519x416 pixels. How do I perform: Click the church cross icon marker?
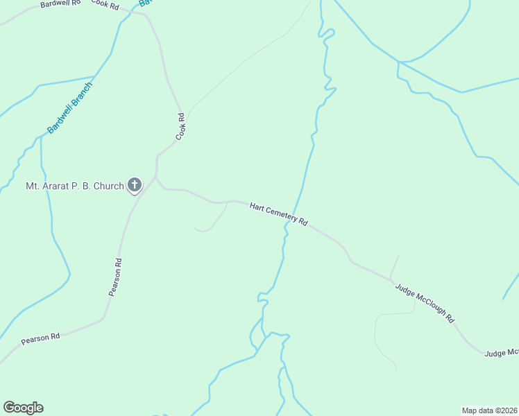click(x=135, y=185)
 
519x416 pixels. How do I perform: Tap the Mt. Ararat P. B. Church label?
click(x=74, y=186)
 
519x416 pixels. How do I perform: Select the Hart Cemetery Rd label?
click(x=278, y=214)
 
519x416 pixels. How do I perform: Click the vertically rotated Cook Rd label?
click(x=181, y=126)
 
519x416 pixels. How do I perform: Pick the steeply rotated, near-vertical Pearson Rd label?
click(x=115, y=277)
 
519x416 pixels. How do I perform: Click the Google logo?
click(x=23, y=408)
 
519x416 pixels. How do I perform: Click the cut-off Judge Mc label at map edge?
click(x=501, y=353)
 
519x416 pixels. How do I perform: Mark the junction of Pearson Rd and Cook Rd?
click(x=155, y=177)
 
